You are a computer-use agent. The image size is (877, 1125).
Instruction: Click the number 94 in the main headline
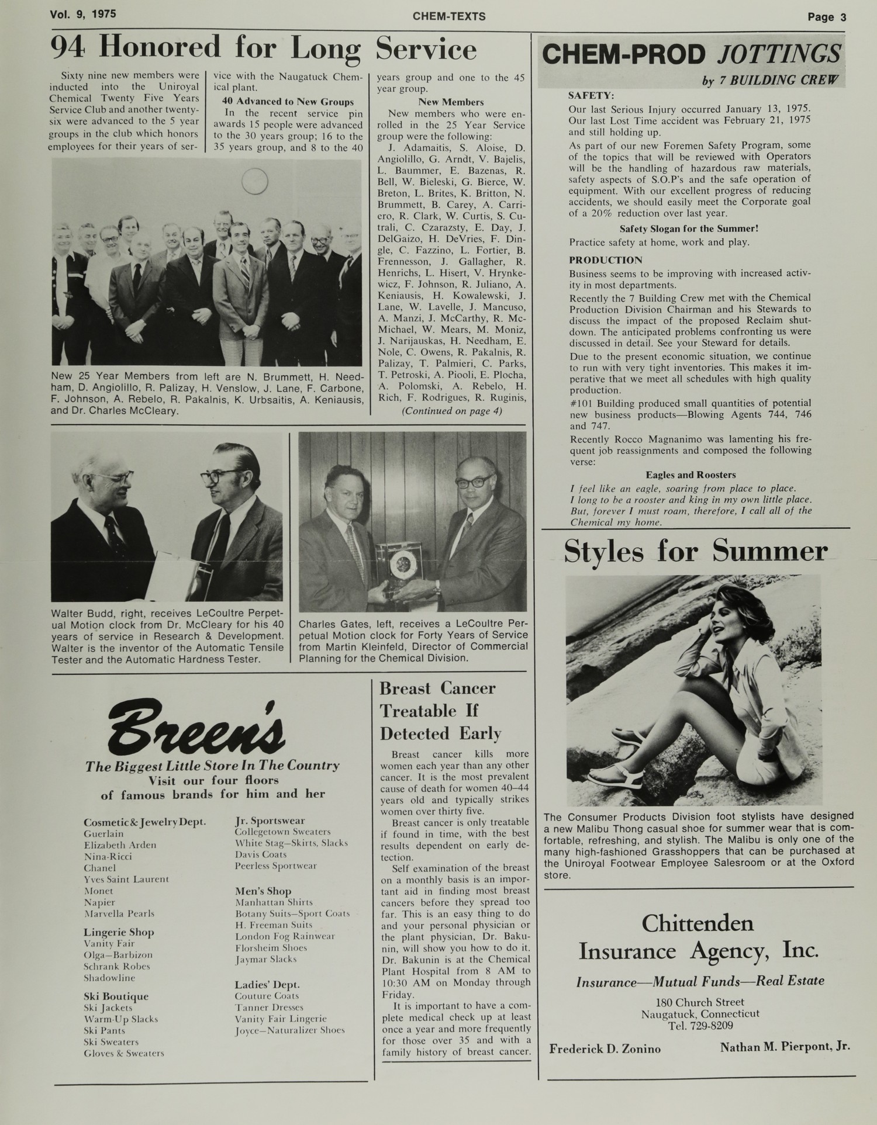coord(69,49)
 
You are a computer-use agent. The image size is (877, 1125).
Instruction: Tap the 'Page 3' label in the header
coord(827,17)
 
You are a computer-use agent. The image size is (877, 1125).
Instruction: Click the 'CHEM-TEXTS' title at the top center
coord(448,16)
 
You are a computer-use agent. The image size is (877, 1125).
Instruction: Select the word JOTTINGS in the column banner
coord(778,54)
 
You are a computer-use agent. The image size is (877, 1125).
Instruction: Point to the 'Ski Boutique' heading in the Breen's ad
coord(116,996)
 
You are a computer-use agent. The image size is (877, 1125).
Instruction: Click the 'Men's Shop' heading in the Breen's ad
coord(263,891)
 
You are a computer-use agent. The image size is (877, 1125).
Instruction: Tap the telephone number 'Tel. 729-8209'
coord(700,1025)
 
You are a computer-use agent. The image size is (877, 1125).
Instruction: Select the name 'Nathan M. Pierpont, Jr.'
coord(785,1047)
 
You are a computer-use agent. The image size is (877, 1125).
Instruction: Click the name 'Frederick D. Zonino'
coord(605,1048)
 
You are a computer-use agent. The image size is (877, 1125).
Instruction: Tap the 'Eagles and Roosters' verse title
coord(690,475)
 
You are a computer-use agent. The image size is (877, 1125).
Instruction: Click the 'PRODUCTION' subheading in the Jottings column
coord(606,260)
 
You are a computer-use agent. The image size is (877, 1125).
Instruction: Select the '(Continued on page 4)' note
coord(451,410)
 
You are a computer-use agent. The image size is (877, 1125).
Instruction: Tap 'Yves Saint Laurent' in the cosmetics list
coord(126,879)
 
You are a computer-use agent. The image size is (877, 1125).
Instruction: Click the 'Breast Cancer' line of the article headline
coord(437,688)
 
